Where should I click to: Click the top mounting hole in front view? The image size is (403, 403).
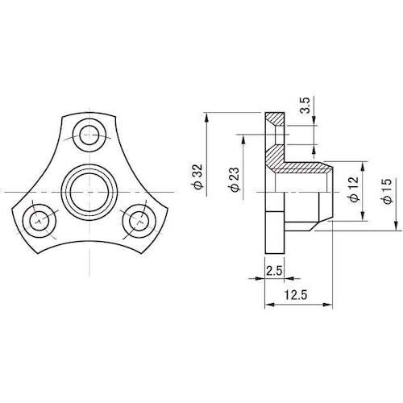pos(88,133)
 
